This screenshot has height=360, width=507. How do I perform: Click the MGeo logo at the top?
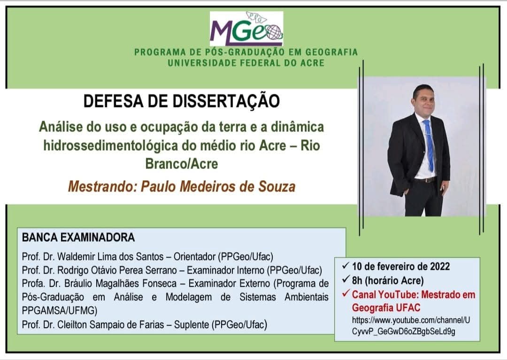pos(246,29)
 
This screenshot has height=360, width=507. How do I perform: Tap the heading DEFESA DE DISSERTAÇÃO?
pos(182,101)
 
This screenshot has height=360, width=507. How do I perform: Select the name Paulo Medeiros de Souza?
pos(218,186)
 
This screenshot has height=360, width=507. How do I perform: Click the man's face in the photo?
pos(423,100)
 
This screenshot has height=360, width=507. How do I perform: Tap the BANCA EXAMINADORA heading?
pos(78,237)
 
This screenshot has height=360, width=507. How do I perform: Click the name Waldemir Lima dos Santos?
pos(110,257)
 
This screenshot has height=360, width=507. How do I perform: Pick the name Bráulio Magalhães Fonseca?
pos(120,284)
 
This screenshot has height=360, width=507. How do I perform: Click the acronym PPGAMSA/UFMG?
pos(60,311)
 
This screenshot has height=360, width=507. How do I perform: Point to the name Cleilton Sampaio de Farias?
pos(111,324)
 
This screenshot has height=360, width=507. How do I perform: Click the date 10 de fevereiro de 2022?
pos(401,267)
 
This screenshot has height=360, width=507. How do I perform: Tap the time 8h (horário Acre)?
pos(388,281)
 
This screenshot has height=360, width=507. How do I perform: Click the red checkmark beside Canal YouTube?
pos(346,294)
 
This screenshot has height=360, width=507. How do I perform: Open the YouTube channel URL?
pos(411,326)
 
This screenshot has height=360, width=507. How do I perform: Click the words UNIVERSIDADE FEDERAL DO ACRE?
pos(246,63)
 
